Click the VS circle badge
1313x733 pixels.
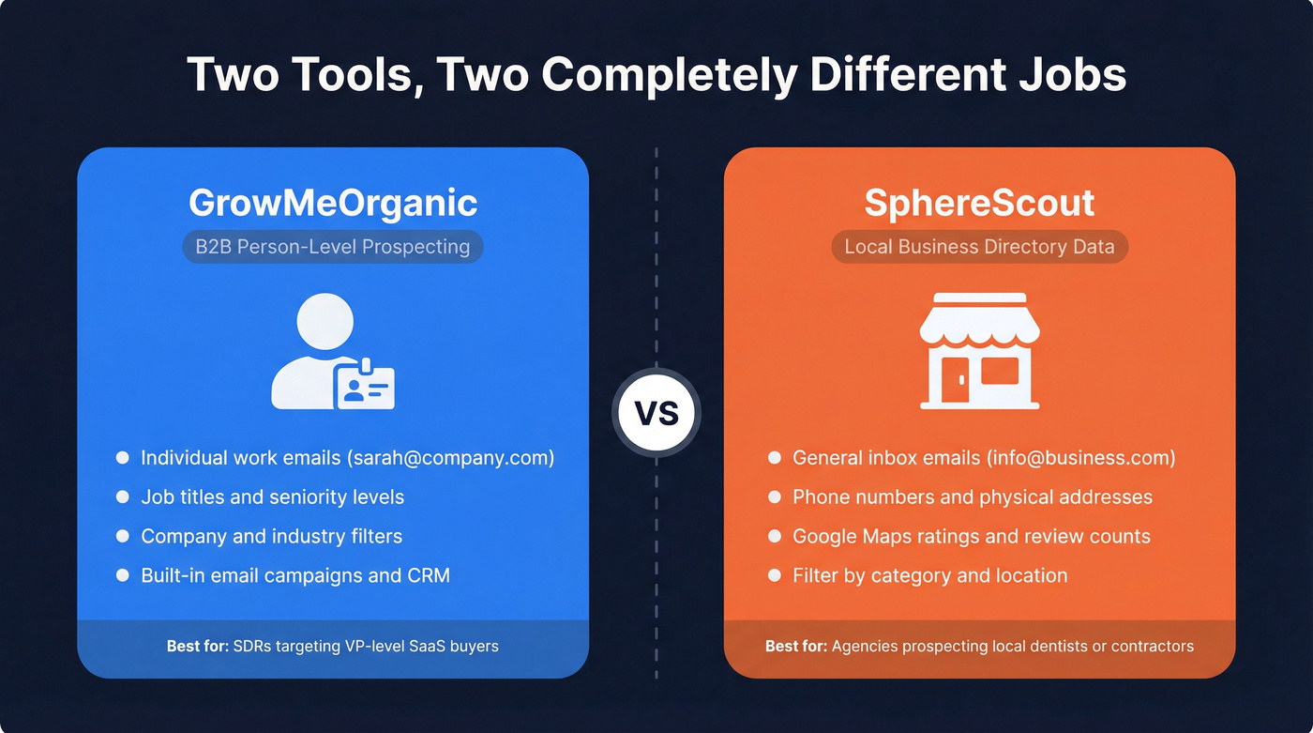tap(656, 413)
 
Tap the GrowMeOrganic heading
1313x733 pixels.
tap(333, 203)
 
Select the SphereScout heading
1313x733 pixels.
tap(979, 203)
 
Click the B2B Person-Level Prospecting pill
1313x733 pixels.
tap(333, 247)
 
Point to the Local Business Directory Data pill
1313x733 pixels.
tap(979, 247)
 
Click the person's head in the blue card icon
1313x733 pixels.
tap(324, 322)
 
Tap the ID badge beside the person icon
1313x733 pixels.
tap(366, 388)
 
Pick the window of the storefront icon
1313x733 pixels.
tap(1000, 372)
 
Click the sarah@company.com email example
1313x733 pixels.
tap(451, 458)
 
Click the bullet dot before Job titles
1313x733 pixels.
tap(122, 497)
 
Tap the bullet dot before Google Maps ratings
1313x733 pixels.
tap(774, 537)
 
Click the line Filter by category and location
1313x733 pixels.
tap(929, 575)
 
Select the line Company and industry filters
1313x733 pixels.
tap(271, 537)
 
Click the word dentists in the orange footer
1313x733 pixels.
tap(1079, 646)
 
